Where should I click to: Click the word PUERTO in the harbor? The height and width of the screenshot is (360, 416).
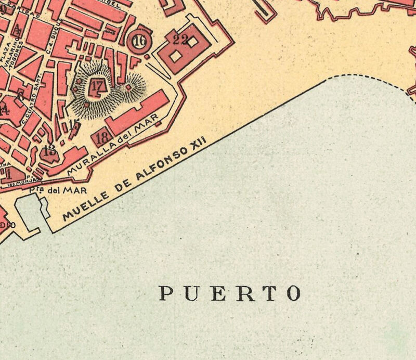(x=229, y=293)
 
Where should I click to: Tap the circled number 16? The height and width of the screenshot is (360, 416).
(x=139, y=42)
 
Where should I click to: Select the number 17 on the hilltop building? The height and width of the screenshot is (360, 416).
(x=96, y=85)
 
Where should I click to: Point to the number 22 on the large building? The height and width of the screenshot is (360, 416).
(x=181, y=39)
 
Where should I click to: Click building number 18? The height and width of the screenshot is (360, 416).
(x=102, y=138)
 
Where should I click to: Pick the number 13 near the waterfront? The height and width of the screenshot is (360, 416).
(x=50, y=151)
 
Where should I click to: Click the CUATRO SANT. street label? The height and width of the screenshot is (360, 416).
(x=33, y=101)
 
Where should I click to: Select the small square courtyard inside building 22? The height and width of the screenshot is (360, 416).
(x=177, y=55)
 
